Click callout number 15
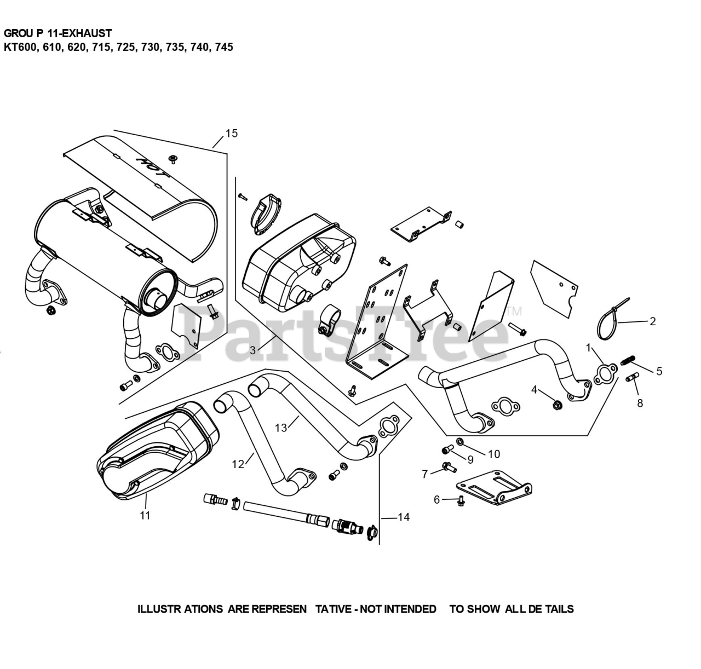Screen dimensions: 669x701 point(231,133)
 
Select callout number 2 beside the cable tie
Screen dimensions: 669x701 point(652,321)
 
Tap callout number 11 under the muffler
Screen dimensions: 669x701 point(145,515)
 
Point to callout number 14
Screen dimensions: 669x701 point(404,517)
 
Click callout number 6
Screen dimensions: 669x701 point(436,499)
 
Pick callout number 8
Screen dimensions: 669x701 point(640,403)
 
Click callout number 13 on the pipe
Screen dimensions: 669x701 point(281,428)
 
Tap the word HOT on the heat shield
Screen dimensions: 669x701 point(151,166)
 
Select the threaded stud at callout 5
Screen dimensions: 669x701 point(629,361)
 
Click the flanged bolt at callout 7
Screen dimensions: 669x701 point(449,467)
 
